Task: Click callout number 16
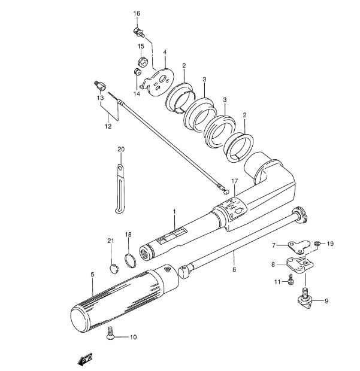(137, 14)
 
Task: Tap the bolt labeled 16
(139, 33)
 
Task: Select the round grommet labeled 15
(143, 62)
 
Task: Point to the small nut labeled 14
(138, 72)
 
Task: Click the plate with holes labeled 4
(158, 82)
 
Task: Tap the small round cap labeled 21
(114, 269)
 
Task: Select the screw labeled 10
(110, 334)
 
